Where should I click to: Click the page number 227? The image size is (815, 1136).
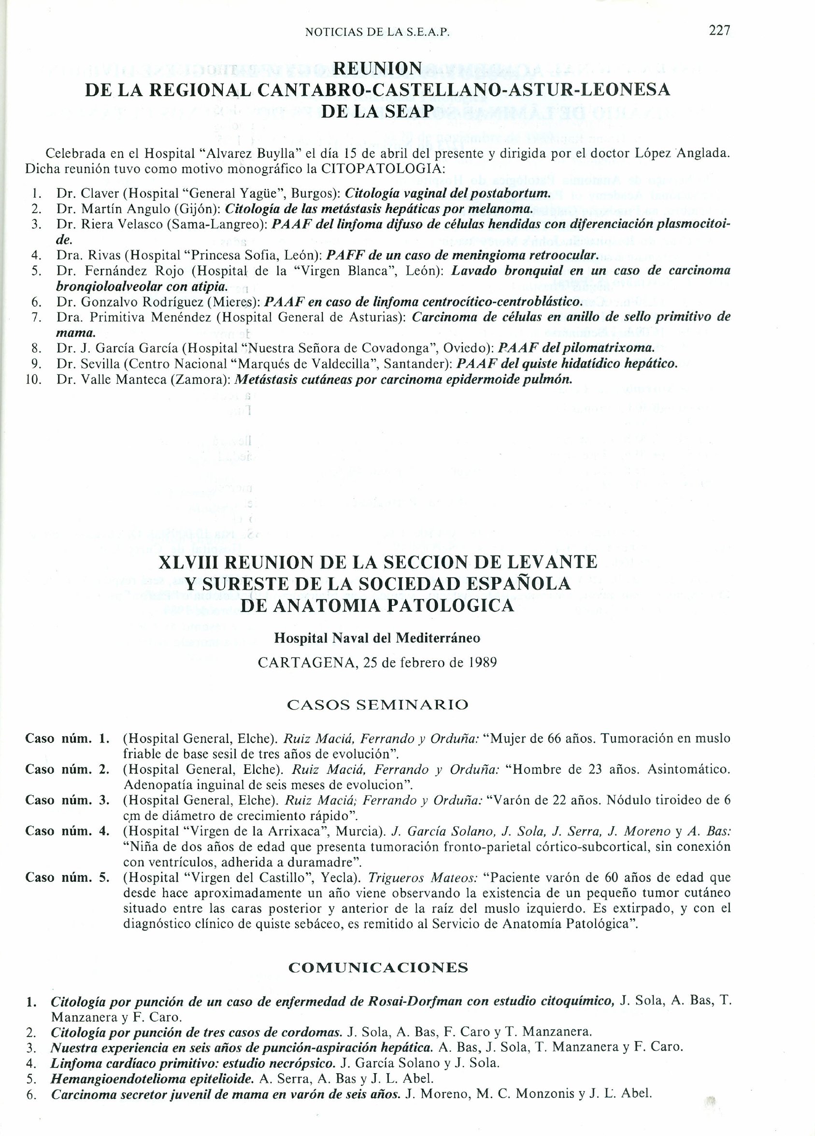tap(720, 30)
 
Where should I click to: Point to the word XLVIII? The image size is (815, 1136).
tap(187, 562)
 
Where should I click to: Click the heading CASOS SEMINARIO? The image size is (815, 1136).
tap(377, 705)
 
